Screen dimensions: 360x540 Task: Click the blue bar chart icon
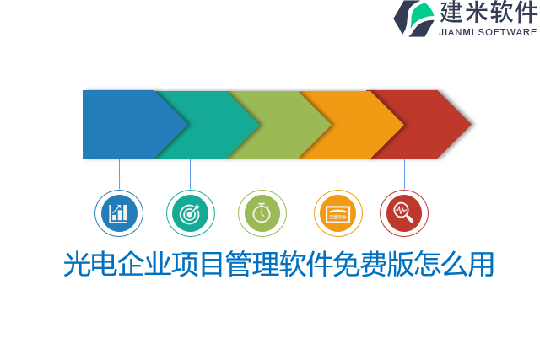pyautogui.click(x=119, y=213)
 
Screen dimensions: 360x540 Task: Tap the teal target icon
pyautogui.click(x=191, y=213)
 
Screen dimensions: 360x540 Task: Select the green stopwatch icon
pyautogui.click(x=262, y=213)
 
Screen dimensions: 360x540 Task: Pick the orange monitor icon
pyautogui.click(x=337, y=213)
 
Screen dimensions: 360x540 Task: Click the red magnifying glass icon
pyautogui.click(x=404, y=213)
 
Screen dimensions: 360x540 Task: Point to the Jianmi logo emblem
pyautogui.click(x=413, y=18)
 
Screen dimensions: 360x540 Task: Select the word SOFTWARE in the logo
pyautogui.click(x=507, y=32)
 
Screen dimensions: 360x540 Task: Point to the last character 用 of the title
pyautogui.click(x=482, y=265)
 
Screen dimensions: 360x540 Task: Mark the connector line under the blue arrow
pyautogui.click(x=119, y=174)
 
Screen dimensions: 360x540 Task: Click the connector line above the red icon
pyautogui.click(x=404, y=174)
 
